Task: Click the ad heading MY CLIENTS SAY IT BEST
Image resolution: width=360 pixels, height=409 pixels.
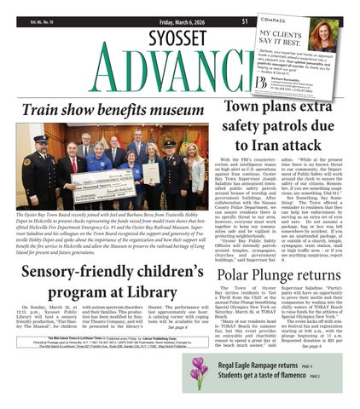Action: [x=287, y=35]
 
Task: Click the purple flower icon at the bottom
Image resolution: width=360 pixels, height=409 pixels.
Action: [x=198, y=372]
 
